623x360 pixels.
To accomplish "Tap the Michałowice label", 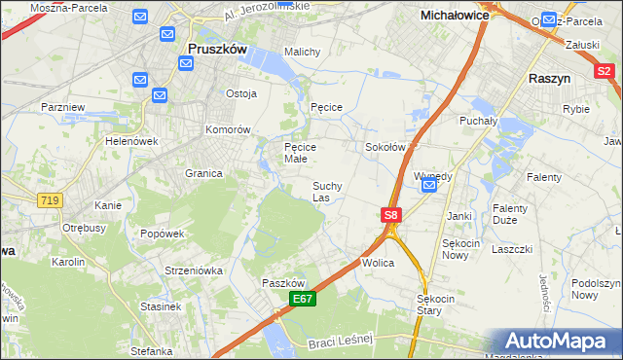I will [x=455, y=16].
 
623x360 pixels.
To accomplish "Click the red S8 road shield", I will [x=390, y=215].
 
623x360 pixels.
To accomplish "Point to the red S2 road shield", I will [x=605, y=70].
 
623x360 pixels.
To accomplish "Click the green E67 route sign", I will [x=302, y=302].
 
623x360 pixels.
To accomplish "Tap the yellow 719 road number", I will [x=48, y=199].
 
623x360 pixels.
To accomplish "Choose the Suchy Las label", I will [x=326, y=191].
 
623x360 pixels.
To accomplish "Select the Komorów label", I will [x=228, y=129].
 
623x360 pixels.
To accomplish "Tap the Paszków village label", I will [x=282, y=282].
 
